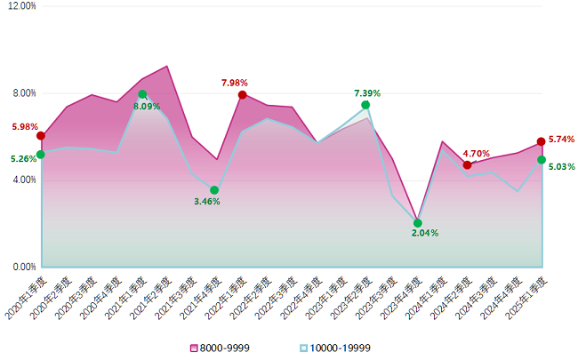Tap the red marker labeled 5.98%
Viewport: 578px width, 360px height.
click(41, 136)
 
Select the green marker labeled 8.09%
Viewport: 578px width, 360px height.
click(142, 94)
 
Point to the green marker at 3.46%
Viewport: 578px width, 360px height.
click(214, 190)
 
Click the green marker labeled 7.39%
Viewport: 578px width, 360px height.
click(365, 105)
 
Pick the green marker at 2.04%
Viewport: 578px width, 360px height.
click(418, 223)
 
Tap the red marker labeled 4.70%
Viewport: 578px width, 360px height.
click(467, 164)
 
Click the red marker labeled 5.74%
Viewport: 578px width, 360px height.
click(542, 142)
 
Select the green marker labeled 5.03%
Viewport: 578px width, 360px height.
click(542, 160)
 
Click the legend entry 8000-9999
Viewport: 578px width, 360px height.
click(219, 347)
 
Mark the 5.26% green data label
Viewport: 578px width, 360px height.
click(24, 159)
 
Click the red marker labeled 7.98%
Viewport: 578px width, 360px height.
click(242, 95)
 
